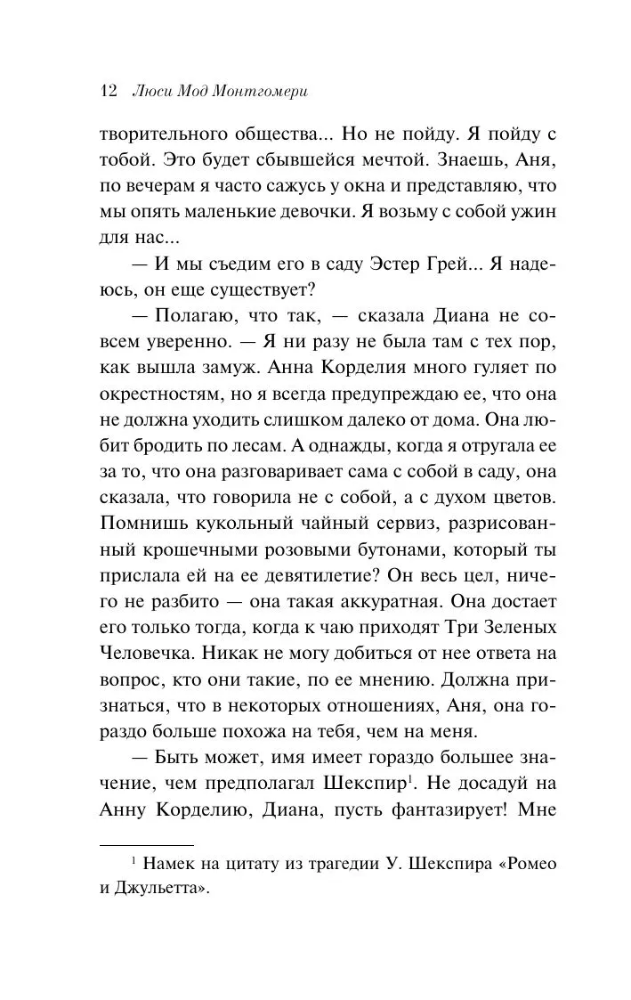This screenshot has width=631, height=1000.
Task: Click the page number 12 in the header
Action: pos(109,91)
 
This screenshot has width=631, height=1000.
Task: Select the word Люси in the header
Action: pos(150,91)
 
